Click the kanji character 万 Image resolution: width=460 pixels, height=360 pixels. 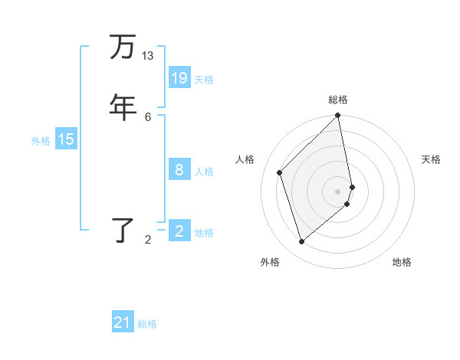coord(123,47)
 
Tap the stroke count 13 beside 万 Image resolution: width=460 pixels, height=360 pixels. coord(148,56)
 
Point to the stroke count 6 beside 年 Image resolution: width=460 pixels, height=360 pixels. coord(148,116)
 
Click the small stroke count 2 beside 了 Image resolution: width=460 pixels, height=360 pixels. coord(148,240)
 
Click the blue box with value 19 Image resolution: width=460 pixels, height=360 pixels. coord(179,78)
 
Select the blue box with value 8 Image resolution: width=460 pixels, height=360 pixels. coord(179,170)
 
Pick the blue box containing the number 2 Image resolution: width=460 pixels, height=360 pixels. coord(179,231)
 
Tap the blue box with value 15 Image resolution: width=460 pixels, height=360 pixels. coord(66,139)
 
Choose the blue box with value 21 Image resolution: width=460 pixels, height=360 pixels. coord(123,323)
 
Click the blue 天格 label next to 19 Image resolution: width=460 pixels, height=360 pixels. coord(204,79)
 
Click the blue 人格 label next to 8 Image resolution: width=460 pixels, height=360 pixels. coord(204,171)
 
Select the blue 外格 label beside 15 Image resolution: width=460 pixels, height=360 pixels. coord(41,140)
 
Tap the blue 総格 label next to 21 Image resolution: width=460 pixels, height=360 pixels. coord(147,324)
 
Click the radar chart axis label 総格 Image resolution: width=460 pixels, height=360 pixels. coord(338,100)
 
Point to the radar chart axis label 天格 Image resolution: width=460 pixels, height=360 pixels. coord(431,159)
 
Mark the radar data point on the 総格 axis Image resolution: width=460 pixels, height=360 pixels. coord(338,116)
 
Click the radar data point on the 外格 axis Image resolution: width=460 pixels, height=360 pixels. coord(302,242)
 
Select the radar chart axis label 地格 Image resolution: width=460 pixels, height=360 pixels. coord(402,262)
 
